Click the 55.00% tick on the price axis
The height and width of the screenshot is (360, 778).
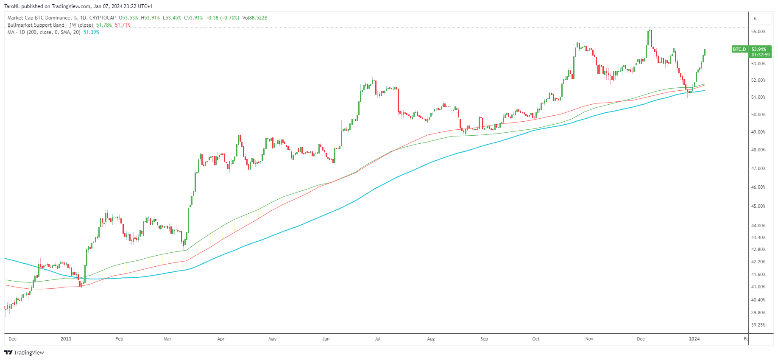(758, 31)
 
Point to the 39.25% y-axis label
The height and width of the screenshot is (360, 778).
(758, 325)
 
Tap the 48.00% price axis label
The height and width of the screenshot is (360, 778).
(758, 150)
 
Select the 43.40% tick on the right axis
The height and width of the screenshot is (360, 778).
(758, 237)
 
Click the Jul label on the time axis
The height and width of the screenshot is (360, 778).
(377, 339)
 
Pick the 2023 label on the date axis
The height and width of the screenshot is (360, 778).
(66, 339)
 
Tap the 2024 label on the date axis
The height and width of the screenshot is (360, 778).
(694, 339)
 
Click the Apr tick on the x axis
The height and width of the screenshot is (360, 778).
(220, 339)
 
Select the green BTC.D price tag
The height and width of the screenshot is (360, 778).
(739, 49)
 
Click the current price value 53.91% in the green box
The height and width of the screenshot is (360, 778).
(759, 49)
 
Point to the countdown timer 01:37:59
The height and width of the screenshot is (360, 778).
(761, 55)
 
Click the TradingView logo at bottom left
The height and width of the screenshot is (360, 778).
(24, 352)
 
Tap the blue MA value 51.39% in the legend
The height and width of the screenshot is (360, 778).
(91, 32)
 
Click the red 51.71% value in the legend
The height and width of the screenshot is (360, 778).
(123, 25)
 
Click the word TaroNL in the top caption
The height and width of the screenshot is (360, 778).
(12, 6)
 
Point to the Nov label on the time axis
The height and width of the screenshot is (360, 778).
(589, 339)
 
